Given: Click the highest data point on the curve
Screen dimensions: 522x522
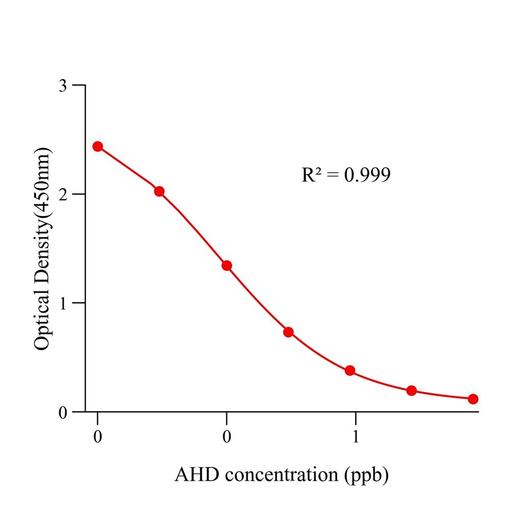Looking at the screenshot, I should click(x=97, y=146).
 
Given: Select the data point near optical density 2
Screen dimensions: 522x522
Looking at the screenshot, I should click(x=159, y=191).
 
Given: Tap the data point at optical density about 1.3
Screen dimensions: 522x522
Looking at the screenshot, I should click(x=227, y=266).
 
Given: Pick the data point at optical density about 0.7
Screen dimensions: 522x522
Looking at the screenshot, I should click(x=289, y=332).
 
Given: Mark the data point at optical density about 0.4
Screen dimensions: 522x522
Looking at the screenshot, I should click(x=350, y=370).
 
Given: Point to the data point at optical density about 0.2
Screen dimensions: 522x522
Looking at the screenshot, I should click(x=411, y=390).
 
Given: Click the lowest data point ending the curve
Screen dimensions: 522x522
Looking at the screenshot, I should click(x=473, y=399).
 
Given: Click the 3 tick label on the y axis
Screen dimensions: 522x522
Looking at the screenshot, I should click(x=63, y=85).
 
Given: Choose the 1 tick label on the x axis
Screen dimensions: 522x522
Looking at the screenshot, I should click(x=356, y=437).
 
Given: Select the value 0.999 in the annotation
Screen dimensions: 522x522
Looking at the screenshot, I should click(x=367, y=175).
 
